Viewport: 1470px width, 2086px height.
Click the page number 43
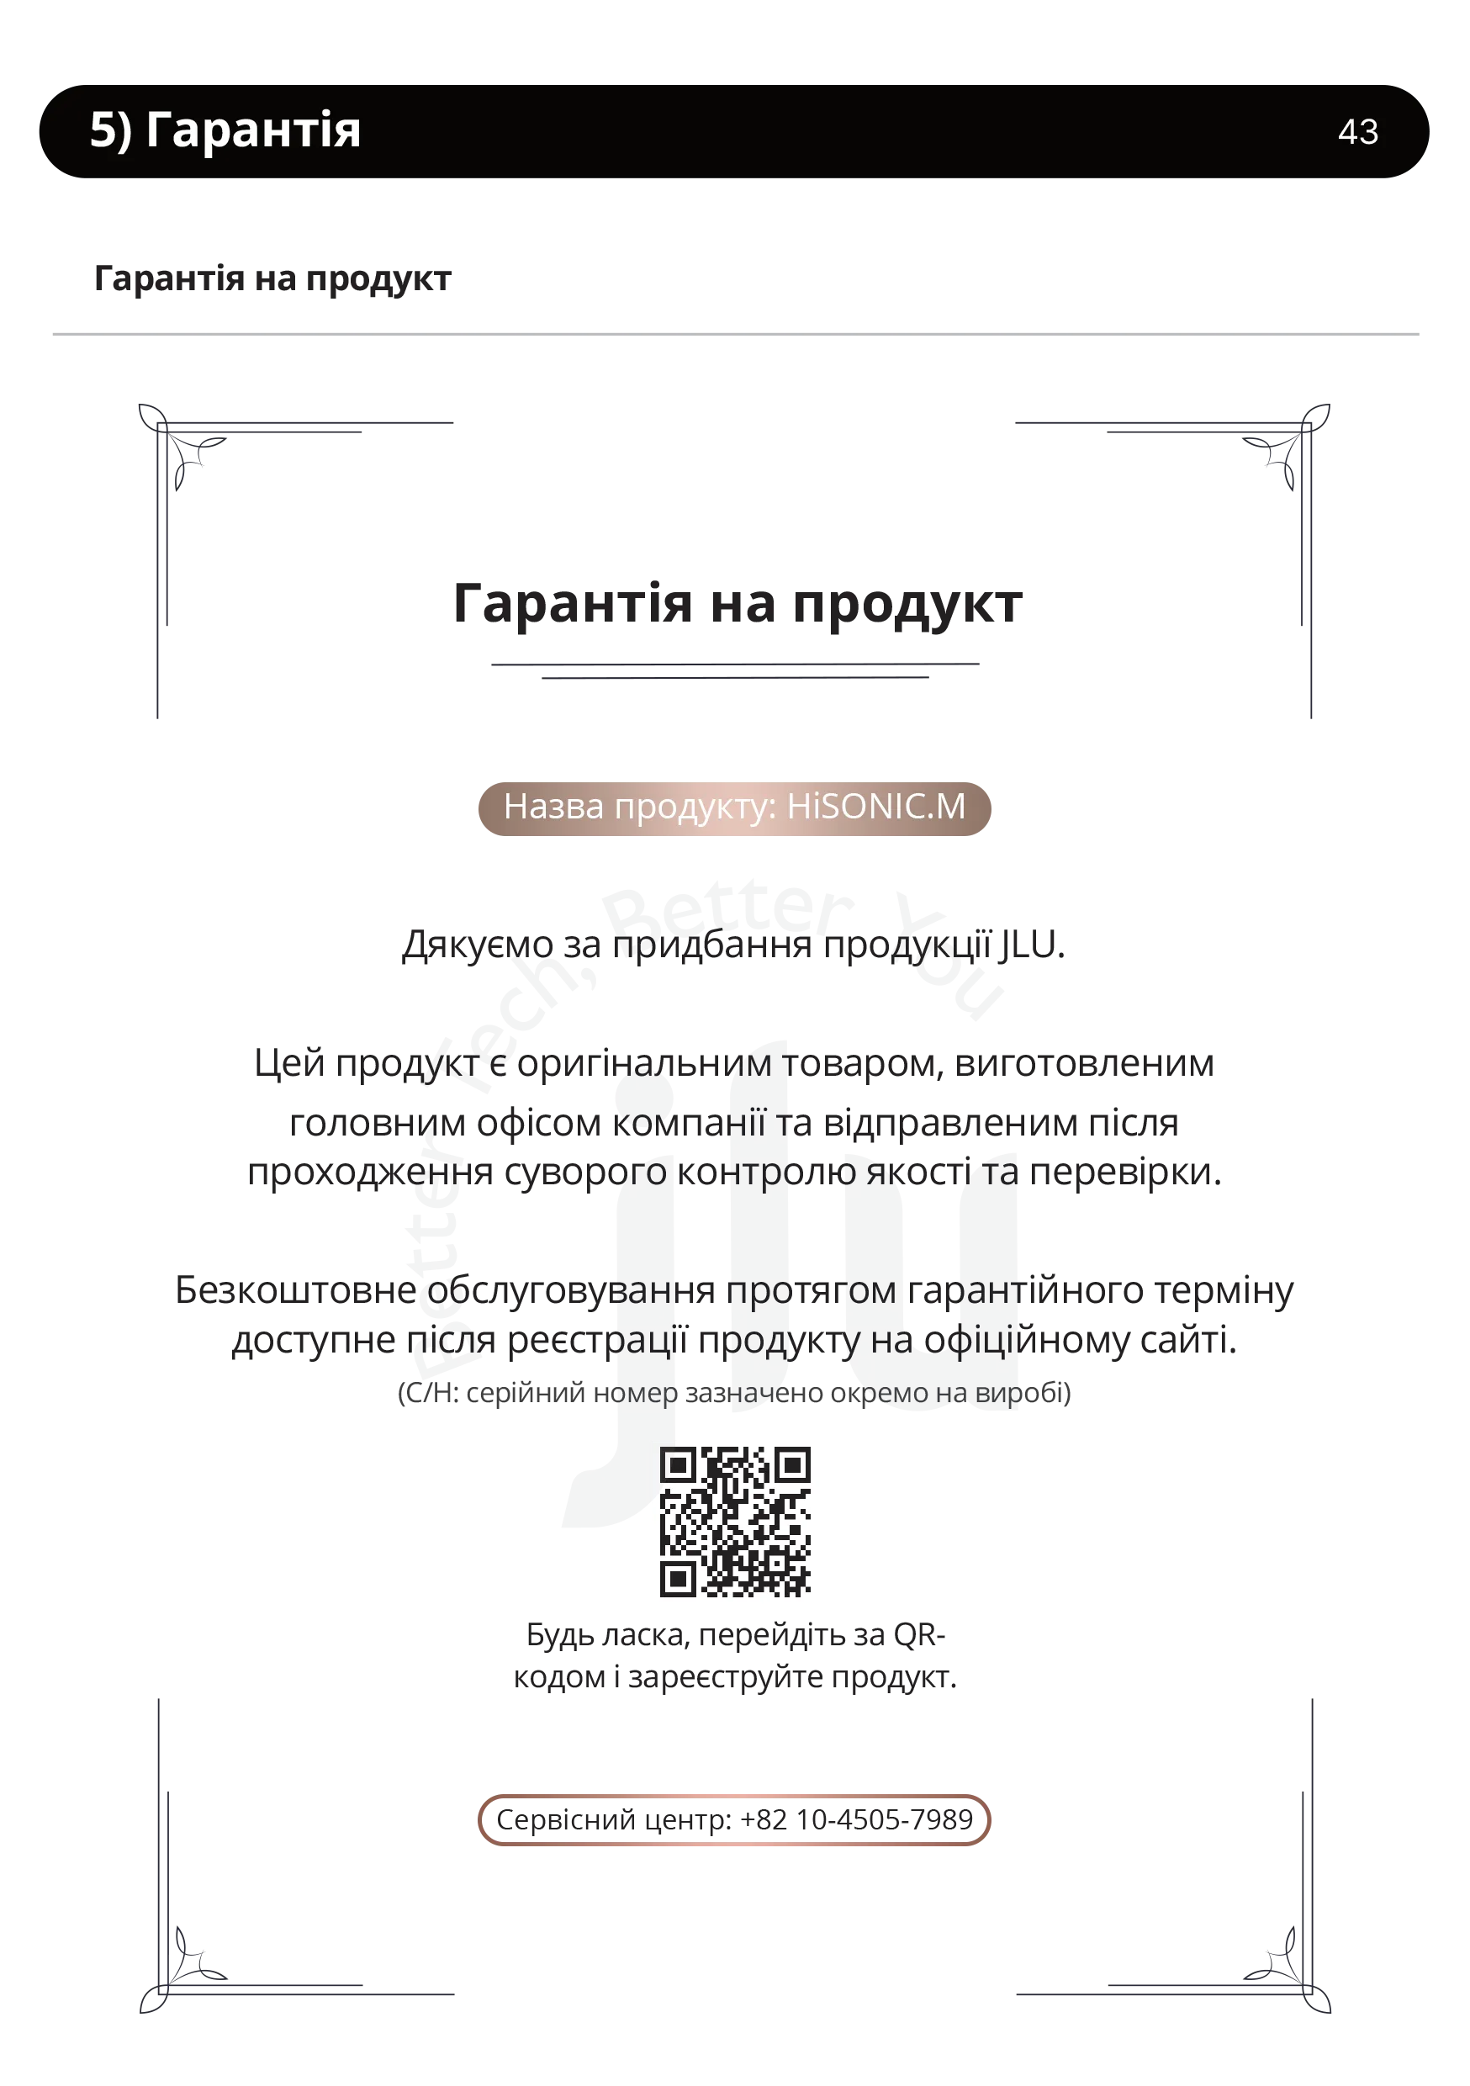(1357, 132)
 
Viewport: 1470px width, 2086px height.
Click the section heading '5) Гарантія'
(225, 129)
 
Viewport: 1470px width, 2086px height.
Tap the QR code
(734, 1521)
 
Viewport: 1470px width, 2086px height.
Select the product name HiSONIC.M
(875, 806)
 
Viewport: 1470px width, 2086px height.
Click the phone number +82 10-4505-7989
(856, 1820)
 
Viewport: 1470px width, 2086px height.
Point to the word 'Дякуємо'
(478, 945)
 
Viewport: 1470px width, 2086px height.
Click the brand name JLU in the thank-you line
(1032, 945)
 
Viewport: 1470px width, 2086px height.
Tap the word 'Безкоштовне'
(295, 1290)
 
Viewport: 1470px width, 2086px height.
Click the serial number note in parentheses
(734, 1393)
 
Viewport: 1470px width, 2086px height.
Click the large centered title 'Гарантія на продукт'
(738, 604)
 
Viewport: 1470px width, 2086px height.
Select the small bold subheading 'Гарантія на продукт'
(272, 279)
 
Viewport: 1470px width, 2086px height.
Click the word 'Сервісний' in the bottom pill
(566, 1820)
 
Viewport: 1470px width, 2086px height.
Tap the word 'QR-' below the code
(919, 1635)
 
